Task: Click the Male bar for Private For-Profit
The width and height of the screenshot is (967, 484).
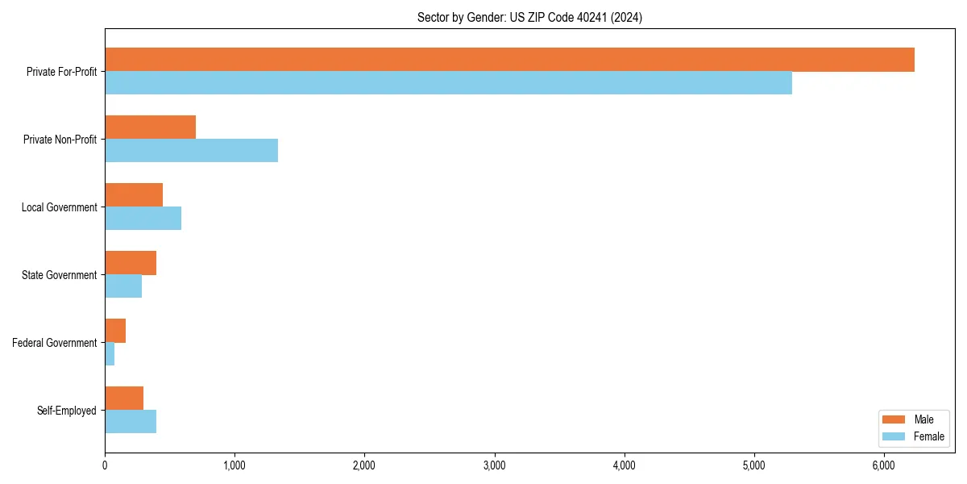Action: [509, 60]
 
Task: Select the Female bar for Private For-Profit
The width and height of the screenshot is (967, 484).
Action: [448, 83]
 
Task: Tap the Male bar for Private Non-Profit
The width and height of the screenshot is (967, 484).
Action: [150, 127]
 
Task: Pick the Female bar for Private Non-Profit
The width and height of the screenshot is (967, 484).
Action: [191, 151]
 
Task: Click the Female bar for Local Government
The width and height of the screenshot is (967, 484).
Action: [143, 219]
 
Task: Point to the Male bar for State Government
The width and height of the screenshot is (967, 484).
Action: [131, 263]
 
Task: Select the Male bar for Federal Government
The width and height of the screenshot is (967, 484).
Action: [115, 331]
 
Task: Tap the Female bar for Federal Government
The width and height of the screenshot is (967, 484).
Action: [110, 354]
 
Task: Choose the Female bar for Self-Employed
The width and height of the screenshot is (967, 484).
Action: [131, 422]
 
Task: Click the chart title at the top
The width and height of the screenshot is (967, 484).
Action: [529, 17]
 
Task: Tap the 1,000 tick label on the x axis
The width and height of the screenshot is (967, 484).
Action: [234, 465]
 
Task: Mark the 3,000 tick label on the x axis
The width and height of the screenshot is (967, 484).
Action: [494, 465]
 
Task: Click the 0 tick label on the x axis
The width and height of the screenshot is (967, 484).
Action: [105, 465]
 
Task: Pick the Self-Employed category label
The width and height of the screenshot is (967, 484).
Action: [67, 411]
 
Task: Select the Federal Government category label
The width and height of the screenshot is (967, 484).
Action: [55, 343]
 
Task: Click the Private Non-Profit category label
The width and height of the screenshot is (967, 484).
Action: [60, 140]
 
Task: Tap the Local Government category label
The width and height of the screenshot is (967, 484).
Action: [59, 207]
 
